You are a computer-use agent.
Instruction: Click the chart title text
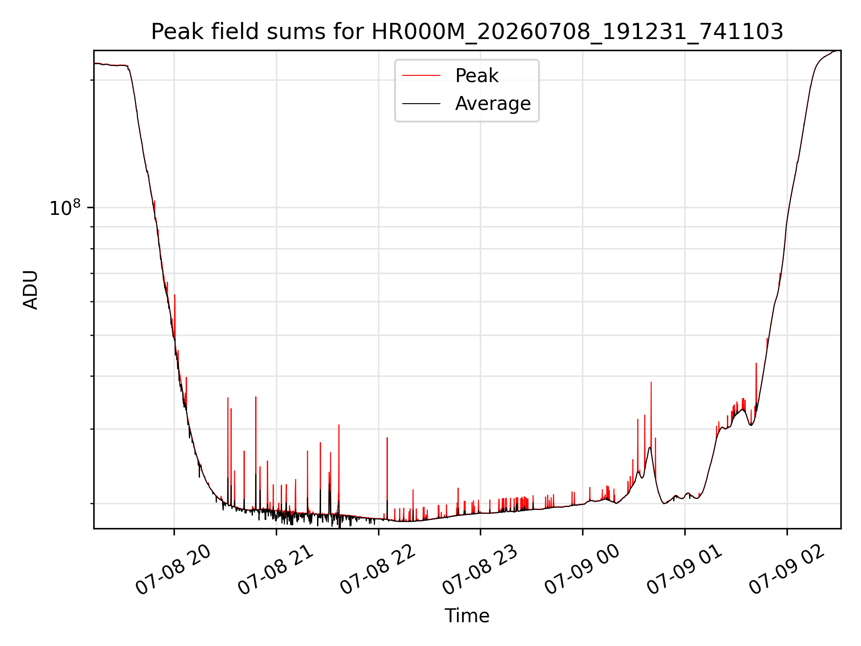pos(467,32)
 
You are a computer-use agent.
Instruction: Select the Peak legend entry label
pos(477,75)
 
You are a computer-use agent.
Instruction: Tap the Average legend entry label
pos(493,104)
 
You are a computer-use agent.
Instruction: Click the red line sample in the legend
pos(421,76)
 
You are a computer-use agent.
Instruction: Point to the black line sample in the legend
pos(421,104)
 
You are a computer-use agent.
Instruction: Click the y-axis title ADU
pos(30,289)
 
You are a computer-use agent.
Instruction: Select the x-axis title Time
pos(467,615)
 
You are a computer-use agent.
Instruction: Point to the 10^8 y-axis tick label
pos(65,207)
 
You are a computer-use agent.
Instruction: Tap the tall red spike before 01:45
pos(756,386)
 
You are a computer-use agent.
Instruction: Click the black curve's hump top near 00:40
pos(649,448)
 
